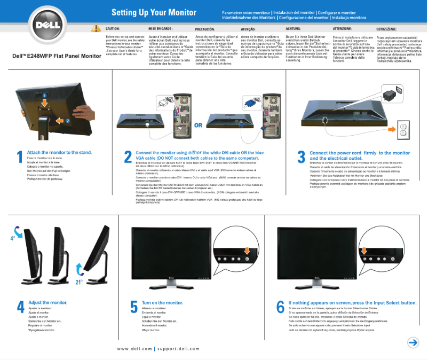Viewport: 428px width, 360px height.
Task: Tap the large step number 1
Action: pyautogui.click(x=20, y=156)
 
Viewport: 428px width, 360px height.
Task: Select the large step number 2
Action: pyautogui.click(x=128, y=156)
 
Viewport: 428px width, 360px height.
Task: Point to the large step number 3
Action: pyautogui.click(x=302, y=156)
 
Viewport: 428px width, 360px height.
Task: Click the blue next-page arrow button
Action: pyautogui.click(x=413, y=342)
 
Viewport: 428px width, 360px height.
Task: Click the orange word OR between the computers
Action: pyautogui.click(x=198, y=126)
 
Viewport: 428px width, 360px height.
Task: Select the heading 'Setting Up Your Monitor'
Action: pyautogui.click(x=154, y=12)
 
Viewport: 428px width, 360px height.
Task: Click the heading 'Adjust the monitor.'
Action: pyautogui.click(x=47, y=303)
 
